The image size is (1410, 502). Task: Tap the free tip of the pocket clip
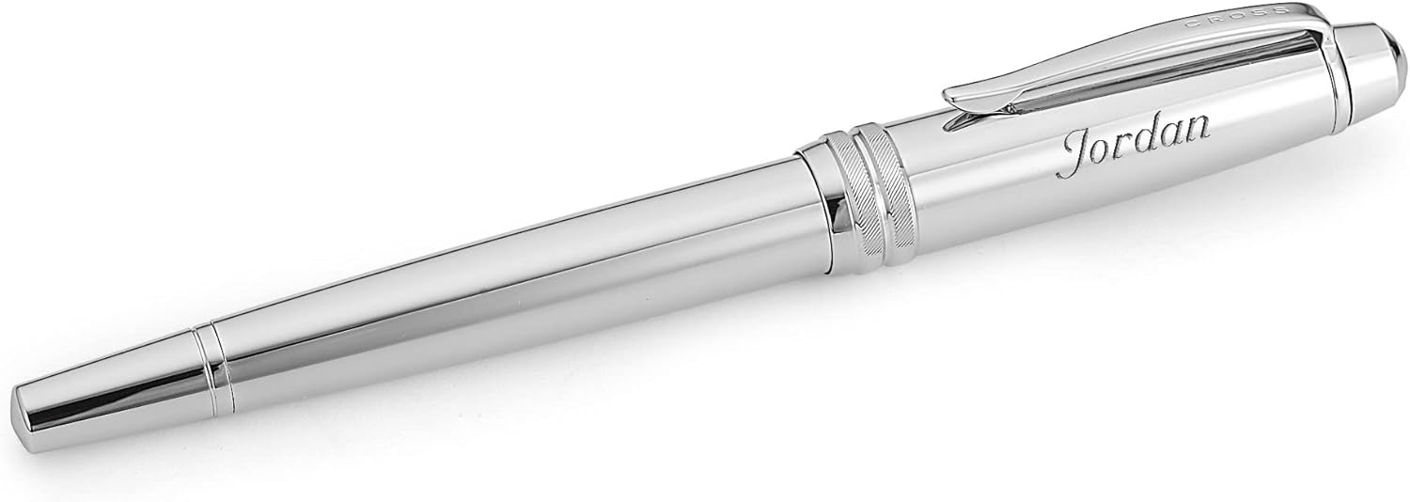point(951,95)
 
